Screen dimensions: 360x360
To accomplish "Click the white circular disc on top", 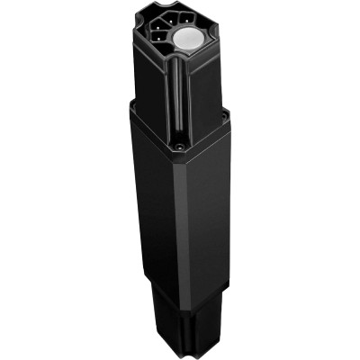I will [x=191, y=40].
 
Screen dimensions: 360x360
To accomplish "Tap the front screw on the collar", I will [x=179, y=145].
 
